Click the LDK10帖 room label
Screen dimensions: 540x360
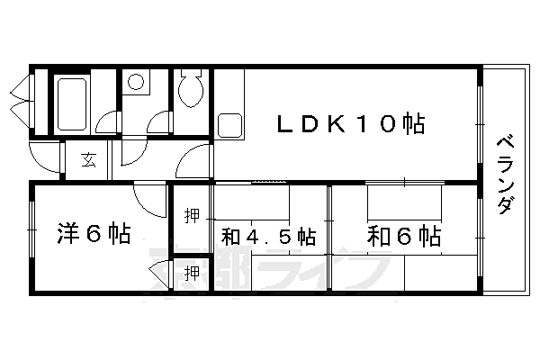[351, 123]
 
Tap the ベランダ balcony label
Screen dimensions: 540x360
[506, 175]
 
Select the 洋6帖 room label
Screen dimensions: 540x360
[94, 234]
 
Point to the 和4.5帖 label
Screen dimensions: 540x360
[268, 237]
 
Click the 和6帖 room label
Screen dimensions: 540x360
[404, 236]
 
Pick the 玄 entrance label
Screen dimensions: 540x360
[88, 160]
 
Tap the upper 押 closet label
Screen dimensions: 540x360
[192, 216]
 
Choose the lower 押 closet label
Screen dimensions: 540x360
[192, 274]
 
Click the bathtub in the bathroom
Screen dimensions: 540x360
[72, 104]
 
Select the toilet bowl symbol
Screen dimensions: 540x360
[191, 89]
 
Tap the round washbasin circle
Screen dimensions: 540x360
[136, 82]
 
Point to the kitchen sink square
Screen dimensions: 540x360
[229, 126]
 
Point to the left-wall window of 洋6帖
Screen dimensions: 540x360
[31, 229]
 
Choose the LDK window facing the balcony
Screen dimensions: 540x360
[480, 124]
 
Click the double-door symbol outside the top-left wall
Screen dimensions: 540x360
[22, 101]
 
